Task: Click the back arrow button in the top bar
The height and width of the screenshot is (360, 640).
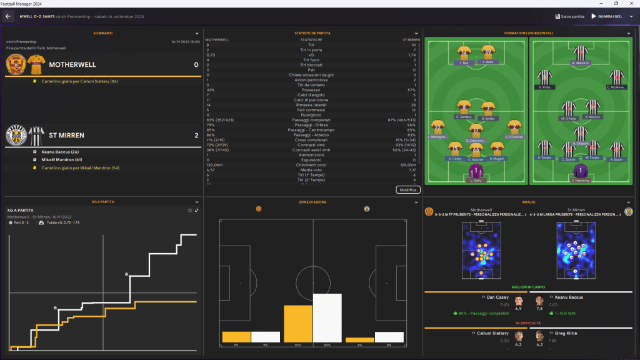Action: click(9, 16)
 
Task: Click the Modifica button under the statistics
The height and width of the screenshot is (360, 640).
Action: click(408, 189)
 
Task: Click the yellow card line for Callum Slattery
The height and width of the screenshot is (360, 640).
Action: click(74, 81)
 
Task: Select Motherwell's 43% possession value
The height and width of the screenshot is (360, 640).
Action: click(211, 90)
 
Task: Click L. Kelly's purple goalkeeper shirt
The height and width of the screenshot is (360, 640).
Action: click(477, 171)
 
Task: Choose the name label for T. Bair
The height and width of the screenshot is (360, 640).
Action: click(464, 63)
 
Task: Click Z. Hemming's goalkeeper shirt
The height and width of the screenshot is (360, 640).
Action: click(581, 171)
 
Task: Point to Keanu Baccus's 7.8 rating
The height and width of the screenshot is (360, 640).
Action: click(539, 308)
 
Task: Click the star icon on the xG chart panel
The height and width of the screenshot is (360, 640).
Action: click(189, 210)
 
